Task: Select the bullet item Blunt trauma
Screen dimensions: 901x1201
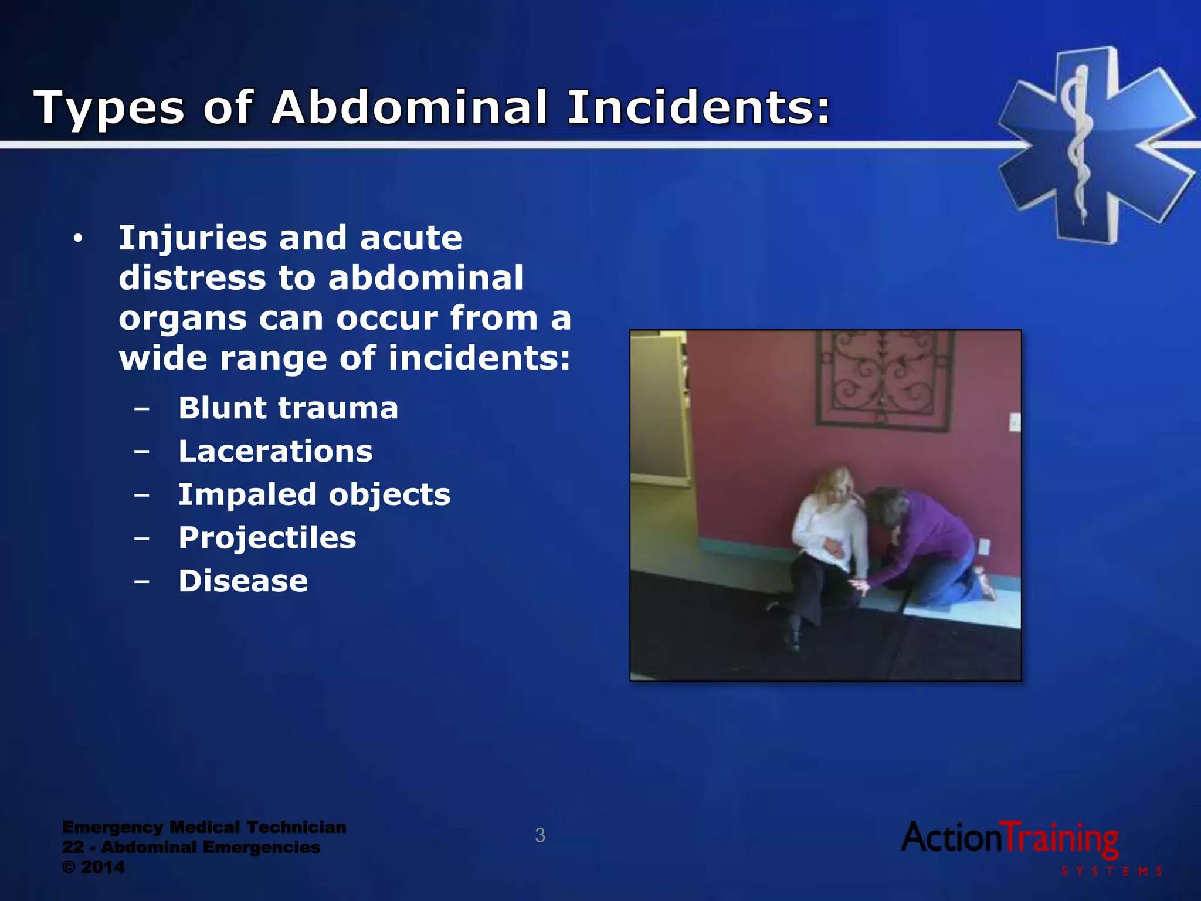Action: (288, 408)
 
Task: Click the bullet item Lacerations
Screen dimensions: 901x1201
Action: (275, 451)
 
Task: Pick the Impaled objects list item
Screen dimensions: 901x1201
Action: (314, 494)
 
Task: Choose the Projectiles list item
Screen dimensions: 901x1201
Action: (267, 537)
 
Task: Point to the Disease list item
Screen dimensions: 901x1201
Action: (243, 581)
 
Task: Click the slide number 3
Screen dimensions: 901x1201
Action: (540, 835)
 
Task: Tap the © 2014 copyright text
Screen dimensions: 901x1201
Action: (94, 867)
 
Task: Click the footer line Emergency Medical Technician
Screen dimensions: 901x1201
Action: (204, 827)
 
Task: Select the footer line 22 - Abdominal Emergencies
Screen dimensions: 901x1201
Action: (191, 847)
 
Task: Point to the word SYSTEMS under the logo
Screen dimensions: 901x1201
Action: (1111, 872)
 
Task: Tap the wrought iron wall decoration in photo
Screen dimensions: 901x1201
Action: (884, 378)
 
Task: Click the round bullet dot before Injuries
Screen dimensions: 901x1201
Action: (77, 239)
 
